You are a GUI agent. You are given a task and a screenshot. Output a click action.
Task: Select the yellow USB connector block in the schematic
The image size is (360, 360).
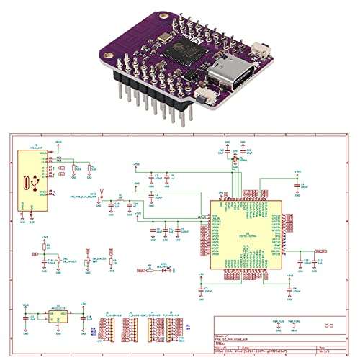click(32, 180)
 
